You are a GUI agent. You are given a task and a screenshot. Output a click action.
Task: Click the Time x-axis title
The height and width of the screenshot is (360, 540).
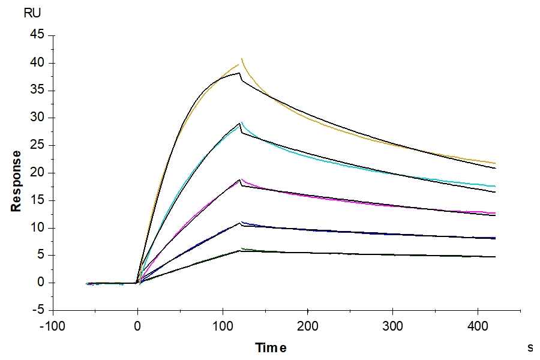click(x=271, y=348)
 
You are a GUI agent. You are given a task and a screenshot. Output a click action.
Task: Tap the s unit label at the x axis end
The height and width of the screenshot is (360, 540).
click(x=530, y=347)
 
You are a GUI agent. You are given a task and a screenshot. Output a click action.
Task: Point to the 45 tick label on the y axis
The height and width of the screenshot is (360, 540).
click(x=37, y=35)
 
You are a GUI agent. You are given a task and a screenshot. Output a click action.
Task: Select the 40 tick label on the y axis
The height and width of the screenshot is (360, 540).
click(x=37, y=63)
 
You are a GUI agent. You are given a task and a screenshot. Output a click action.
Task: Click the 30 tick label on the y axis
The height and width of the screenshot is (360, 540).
click(x=37, y=118)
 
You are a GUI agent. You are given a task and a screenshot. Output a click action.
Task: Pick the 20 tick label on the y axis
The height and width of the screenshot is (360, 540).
click(x=37, y=173)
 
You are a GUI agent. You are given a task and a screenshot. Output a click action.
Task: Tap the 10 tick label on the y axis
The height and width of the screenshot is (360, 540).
click(x=37, y=227)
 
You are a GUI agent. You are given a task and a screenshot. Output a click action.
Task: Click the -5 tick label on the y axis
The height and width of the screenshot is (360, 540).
click(x=38, y=310)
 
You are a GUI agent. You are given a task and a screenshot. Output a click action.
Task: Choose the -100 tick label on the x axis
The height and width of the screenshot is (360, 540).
click(x=53, y=328)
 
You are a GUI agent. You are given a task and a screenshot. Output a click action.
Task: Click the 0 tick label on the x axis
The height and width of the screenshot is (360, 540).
click(x=138, y=328)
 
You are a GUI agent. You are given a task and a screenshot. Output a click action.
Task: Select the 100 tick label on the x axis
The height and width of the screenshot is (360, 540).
click(x=223, y=328)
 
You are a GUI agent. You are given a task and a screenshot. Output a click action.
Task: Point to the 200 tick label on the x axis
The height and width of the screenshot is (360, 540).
click(x=308, y=328)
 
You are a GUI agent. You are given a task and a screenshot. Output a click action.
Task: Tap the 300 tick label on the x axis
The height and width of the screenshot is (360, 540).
click(x=393, y=328)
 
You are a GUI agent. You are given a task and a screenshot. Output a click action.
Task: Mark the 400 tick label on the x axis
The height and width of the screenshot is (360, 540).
click(x=478, y=328)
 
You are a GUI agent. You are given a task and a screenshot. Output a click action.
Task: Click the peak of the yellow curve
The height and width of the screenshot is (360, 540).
click(x=242, y=59)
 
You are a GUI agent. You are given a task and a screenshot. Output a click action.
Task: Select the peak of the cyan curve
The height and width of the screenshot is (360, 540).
click(x=242, y=123)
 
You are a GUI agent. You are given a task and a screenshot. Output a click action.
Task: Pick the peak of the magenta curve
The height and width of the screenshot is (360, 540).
click(x=241, y=179)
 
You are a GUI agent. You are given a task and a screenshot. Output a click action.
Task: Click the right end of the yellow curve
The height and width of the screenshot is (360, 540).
click(x=496, y=163)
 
